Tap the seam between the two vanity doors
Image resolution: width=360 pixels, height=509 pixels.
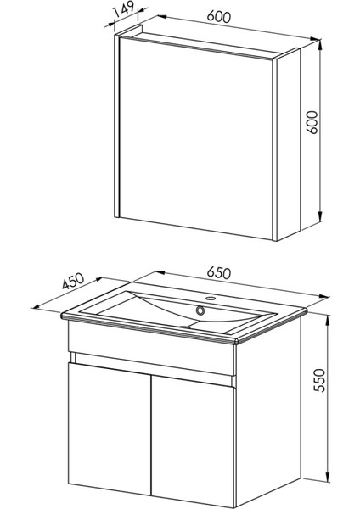(x=150, y=433)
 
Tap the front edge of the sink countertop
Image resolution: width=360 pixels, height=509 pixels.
(x=153, y=333)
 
